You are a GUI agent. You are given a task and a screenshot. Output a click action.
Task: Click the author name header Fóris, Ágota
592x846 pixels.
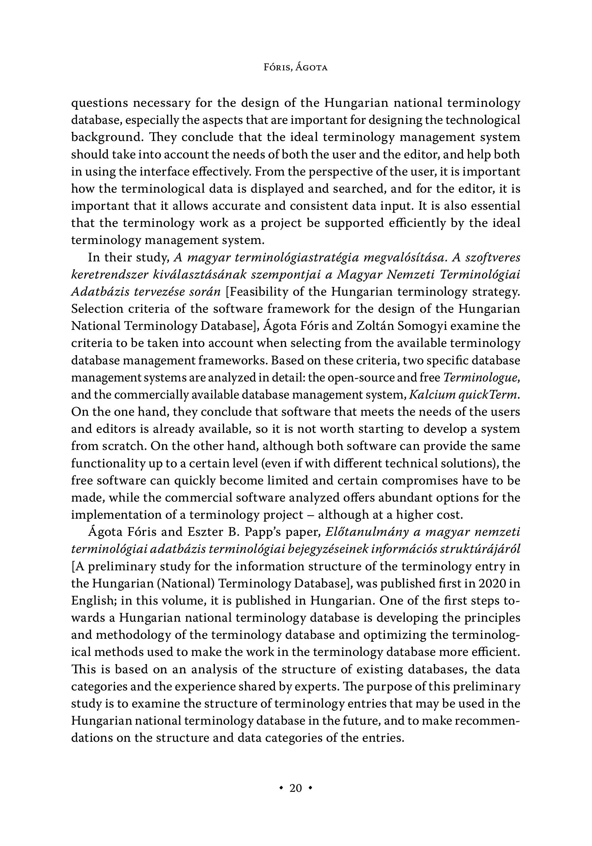pyautogui.click(x=296, y=68)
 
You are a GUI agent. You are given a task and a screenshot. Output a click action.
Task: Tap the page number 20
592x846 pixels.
pyautogui.click(x=296, y=788)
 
